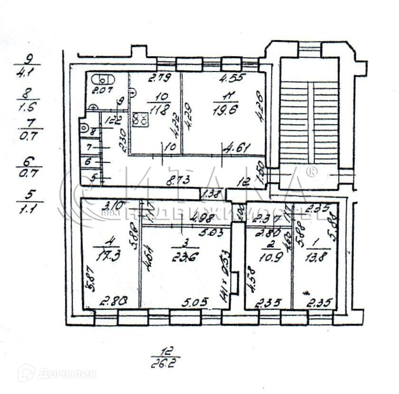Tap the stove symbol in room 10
(139, 119)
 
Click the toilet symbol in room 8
(85, 128)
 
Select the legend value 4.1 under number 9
(29, 74)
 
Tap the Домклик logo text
(67, 374)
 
